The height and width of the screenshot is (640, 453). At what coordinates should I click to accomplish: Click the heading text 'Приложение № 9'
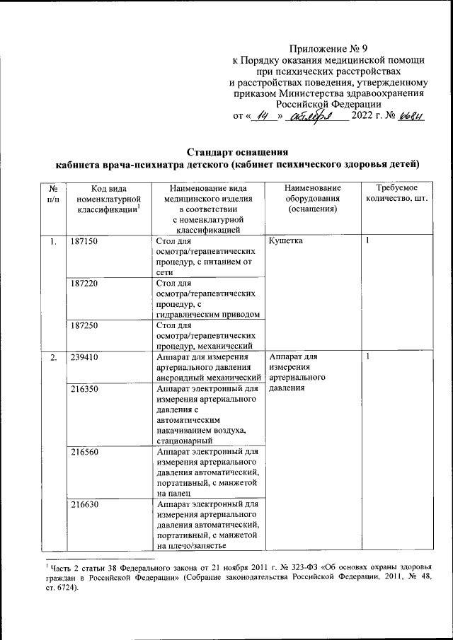click(x=329, y=49)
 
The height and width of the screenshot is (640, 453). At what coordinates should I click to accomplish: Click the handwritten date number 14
click(x=263, y=116)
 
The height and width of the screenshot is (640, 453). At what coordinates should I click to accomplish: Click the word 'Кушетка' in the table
click(x=287, y=242)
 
